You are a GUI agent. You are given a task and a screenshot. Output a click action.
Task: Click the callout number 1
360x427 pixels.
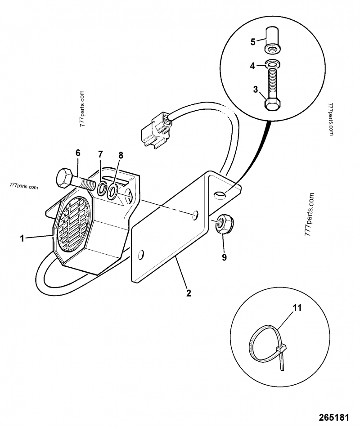22,239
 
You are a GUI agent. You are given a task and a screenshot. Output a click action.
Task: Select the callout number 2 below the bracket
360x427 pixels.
189,293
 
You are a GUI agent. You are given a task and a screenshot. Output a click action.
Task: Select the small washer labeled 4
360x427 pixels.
272,64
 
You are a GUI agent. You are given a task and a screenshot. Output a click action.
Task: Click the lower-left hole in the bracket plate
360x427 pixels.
141,255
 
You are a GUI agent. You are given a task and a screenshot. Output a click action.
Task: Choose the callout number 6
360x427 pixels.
78,153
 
